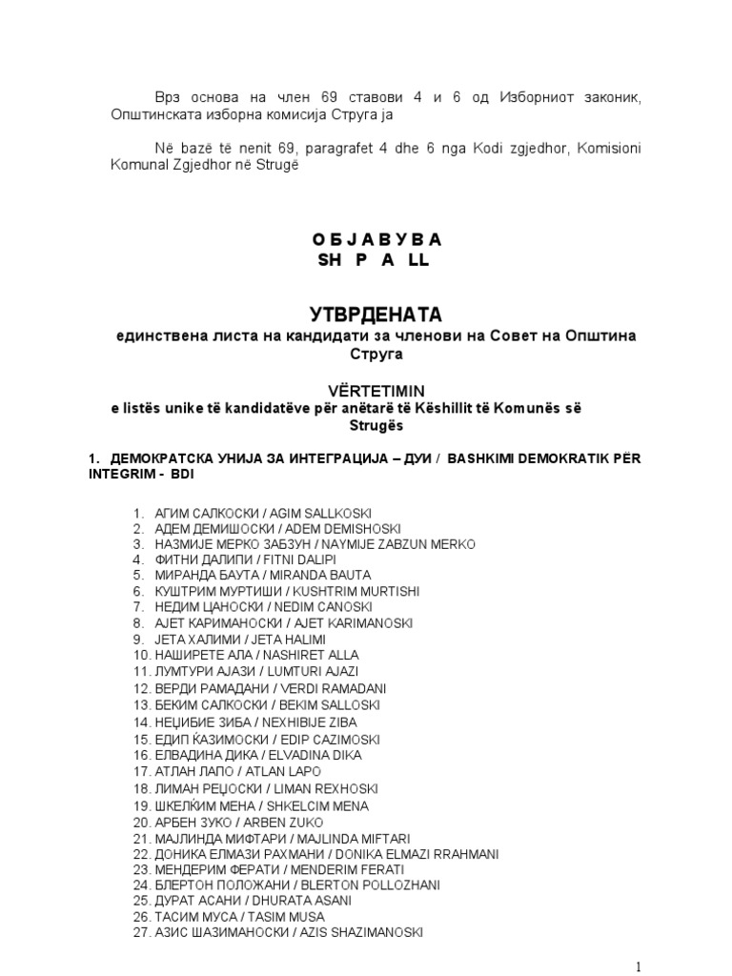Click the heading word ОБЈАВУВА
coord(366,239)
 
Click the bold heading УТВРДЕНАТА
coord(366,314)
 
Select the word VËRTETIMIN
coord(366,390)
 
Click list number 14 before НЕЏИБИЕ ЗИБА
coord(141,722)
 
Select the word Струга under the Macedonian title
coord(366,354)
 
